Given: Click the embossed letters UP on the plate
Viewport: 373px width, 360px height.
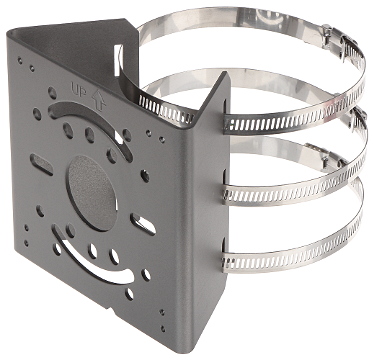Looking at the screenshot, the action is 79,89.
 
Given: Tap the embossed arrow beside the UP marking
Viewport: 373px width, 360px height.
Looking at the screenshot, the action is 99,100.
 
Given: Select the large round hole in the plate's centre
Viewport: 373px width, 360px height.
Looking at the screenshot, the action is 92,193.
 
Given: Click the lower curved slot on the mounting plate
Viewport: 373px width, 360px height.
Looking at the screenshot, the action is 92,258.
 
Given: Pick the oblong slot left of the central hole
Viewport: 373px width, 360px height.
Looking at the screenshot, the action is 41,164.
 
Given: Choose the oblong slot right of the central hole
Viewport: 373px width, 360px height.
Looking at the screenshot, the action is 143,224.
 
